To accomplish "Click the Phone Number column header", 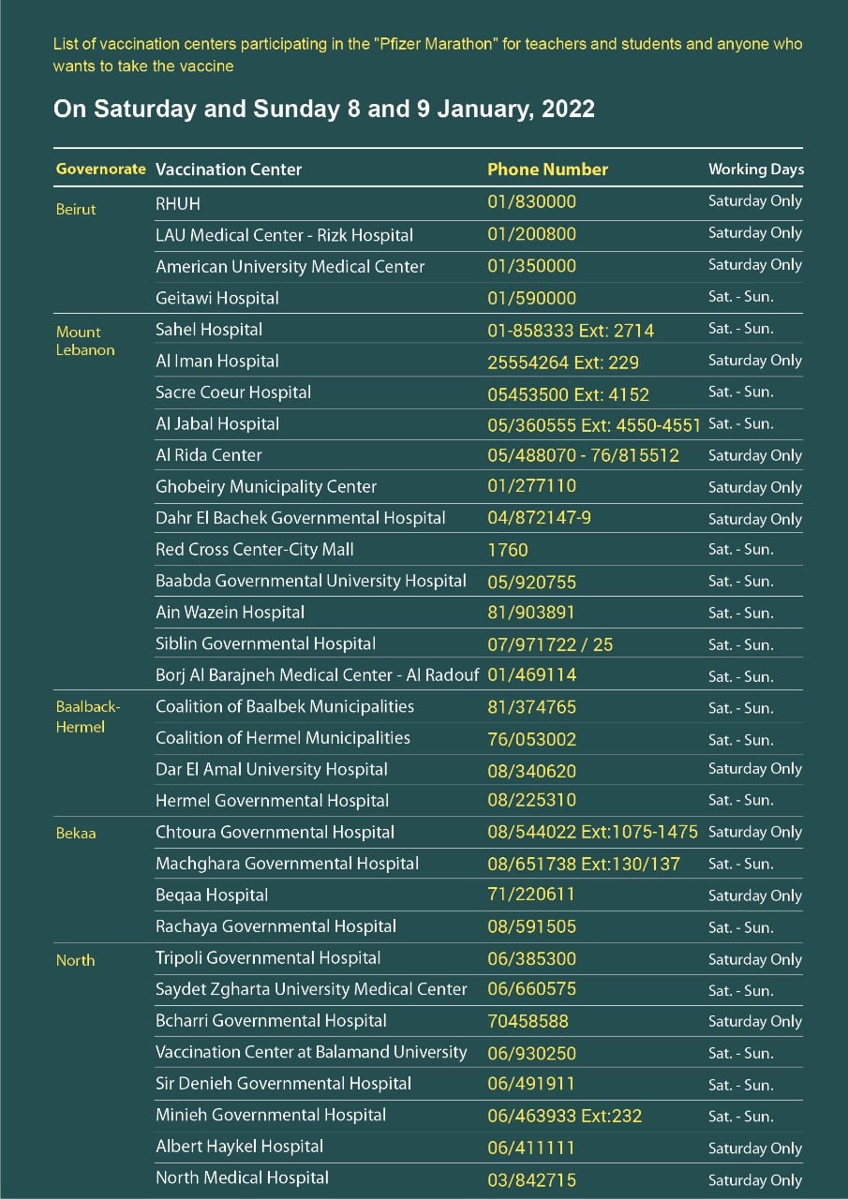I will click(x=547, y=170).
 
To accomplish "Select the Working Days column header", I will click(x=755, y=170).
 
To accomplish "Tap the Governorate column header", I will click(x=101, y=170).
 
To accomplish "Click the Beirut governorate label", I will click(x=76, y=209).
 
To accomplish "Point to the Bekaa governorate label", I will click(x=75, y=833).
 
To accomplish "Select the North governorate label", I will click(x=75, y=960).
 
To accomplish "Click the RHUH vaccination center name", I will click(x=178, y=202).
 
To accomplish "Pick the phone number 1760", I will click(x=508, y=550).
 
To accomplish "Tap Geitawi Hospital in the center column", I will click(x=217, y=298).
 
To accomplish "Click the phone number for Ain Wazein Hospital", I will click(x=531, y=613).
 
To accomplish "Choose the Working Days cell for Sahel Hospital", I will click(x=740, y=329).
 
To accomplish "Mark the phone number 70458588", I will click(x=528, y=1021).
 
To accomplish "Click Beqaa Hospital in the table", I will click(x=212, y=895).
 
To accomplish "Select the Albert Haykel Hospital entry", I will click(x=239, y=1147).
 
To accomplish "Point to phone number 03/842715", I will click(x=531, y=1179).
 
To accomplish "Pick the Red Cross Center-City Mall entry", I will click(x=255, y=550).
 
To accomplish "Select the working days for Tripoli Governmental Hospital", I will click(x=754, y=959).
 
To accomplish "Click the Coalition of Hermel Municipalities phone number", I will click(x=531, y=739).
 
